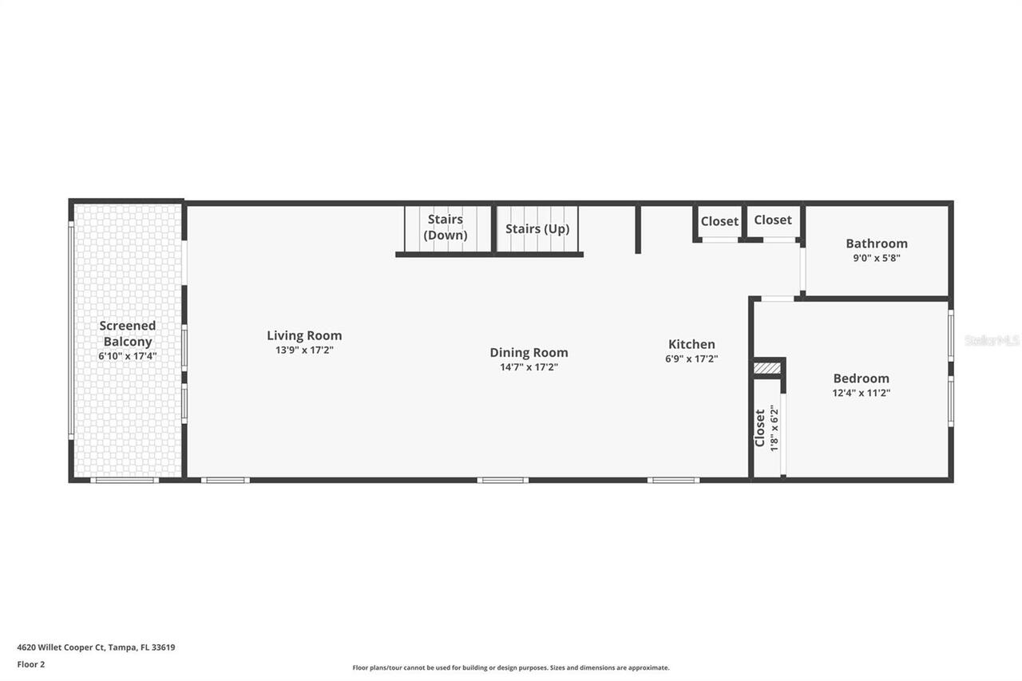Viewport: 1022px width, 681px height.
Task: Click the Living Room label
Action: point(304,336)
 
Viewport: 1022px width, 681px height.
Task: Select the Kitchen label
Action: point(691,344)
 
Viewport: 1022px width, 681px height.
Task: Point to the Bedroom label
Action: point(861,378)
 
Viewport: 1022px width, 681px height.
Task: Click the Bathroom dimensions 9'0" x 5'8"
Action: point(877,258)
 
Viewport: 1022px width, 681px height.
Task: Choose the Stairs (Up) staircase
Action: point(537,229)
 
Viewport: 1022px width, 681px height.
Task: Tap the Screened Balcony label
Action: point(128,334)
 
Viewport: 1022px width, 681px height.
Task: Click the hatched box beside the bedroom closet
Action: point(766,368)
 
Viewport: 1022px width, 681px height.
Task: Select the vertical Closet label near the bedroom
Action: point(760,428)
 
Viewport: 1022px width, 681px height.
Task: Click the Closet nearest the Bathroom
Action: point(773,220)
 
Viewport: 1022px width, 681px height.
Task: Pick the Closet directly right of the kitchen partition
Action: point(719,221)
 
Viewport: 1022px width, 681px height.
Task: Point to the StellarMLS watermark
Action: point(992,341)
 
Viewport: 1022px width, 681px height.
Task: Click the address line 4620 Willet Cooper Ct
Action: point(96,647)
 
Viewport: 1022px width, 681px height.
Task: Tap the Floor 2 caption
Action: point(31,664)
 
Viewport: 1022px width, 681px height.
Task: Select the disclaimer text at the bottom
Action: point(511,667)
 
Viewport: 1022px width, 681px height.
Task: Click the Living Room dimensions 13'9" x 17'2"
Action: point(304,350)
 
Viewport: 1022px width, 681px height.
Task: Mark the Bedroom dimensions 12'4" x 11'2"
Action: point(861,393)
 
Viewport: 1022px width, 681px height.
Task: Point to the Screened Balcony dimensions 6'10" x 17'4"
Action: point(128,356)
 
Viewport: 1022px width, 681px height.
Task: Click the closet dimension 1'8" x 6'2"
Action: point(774,428)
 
